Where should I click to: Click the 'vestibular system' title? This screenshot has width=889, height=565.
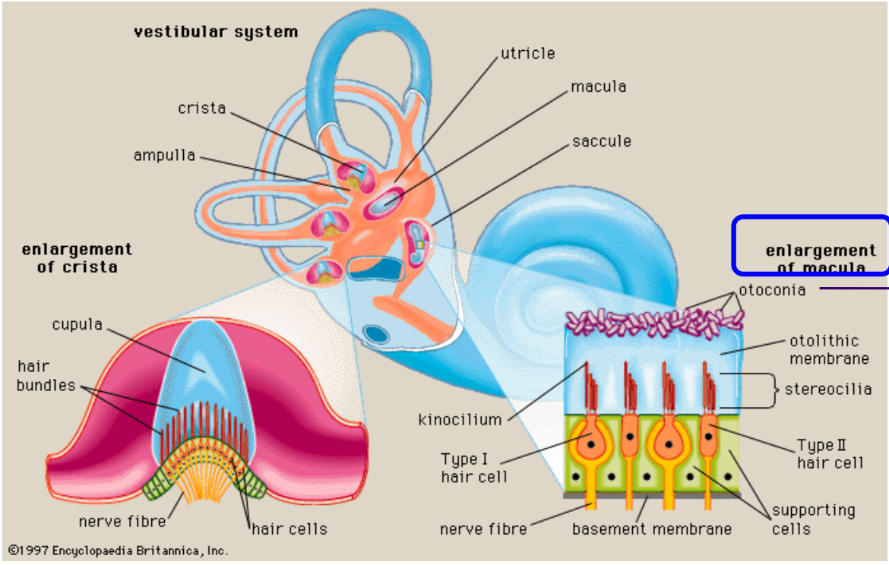click(216, 32)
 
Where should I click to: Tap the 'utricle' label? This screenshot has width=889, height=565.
click(528, 53)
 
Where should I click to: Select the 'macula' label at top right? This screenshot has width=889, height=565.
click(598, 87)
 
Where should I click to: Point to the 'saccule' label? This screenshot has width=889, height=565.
click(602, 141)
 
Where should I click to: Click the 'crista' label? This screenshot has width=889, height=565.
click(202, 108)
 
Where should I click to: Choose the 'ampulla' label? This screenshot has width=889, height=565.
click(164, 155)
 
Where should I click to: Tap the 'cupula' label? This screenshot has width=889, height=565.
click(77, 325)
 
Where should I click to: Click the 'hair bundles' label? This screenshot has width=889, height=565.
click(46, 376)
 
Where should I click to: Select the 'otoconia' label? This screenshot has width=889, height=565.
click(772, 290)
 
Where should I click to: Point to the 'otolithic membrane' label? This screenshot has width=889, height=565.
click(829, 349)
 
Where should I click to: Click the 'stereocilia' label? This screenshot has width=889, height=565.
click(827, 390)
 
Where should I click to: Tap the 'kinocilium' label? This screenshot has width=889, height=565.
click(460, 420)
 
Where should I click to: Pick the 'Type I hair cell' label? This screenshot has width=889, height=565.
click(474, 468)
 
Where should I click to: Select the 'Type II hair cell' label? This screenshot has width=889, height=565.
click(830, 454)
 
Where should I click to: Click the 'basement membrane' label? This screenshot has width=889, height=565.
click(651, 529)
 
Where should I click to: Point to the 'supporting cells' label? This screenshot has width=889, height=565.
click(814, 519)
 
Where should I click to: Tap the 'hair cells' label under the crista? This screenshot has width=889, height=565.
click(289, 529)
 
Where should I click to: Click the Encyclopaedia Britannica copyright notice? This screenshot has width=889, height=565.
click(118, 551)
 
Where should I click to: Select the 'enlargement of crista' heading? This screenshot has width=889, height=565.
click(77, 258)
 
